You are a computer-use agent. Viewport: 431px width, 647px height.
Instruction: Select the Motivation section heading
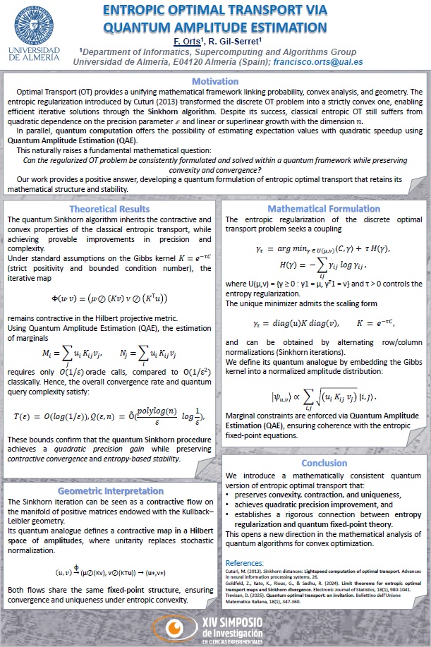point(215,82)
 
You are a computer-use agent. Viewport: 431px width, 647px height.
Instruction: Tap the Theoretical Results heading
point(109,189)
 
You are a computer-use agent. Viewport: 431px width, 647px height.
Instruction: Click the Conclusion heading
point(324,464)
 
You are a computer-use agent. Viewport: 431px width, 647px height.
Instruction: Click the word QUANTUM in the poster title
point(135,28)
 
